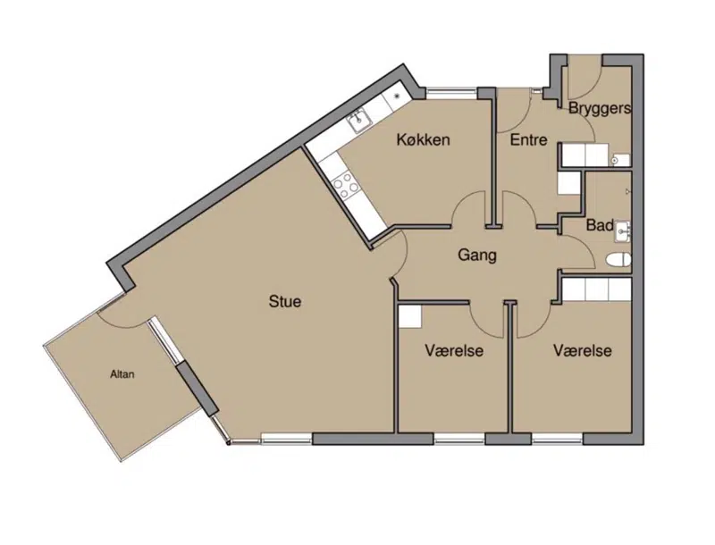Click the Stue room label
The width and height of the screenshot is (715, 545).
point(285,301)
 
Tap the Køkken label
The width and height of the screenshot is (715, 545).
point(423,139)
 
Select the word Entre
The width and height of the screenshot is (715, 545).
point(528,139)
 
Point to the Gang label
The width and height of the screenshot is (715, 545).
point(477,256)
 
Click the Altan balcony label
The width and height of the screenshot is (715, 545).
point(122,374)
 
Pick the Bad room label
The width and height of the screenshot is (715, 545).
point(599,225)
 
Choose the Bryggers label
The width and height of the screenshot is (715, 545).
point(600,108)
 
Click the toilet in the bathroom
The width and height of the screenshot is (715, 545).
point(618,260)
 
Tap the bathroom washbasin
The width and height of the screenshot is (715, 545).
point(622,231)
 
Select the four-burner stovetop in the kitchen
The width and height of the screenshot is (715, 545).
point(347,185)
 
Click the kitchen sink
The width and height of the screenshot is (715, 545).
point(360,121)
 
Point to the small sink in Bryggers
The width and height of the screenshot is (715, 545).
point(619,160)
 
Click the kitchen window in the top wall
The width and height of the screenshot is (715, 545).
point(451,93)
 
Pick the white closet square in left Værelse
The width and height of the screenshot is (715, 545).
point(410,316)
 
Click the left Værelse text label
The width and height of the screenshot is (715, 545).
point(454,351)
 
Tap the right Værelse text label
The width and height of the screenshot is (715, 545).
point(583,351)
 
